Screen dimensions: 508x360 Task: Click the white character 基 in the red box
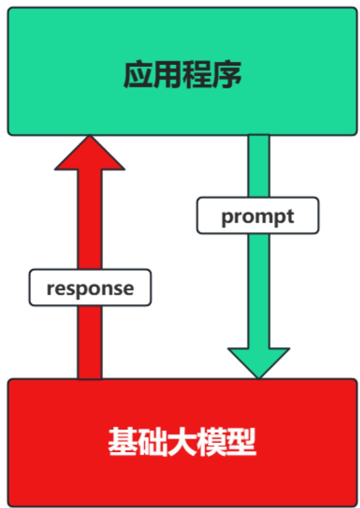tap(122, 443)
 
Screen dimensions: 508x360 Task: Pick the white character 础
tap(152, 443)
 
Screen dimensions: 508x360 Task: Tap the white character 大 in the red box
tap(182, 443)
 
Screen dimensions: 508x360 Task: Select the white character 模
tap(211, 443)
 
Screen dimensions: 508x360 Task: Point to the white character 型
tap(241, 443)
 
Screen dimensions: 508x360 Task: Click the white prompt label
tap(258, 216)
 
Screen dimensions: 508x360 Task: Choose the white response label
tap(90, 288)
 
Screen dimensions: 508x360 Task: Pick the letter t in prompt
tap(290, 217)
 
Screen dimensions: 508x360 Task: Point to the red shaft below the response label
tap(90, 341)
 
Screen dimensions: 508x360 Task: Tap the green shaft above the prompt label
tap(259, 166)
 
